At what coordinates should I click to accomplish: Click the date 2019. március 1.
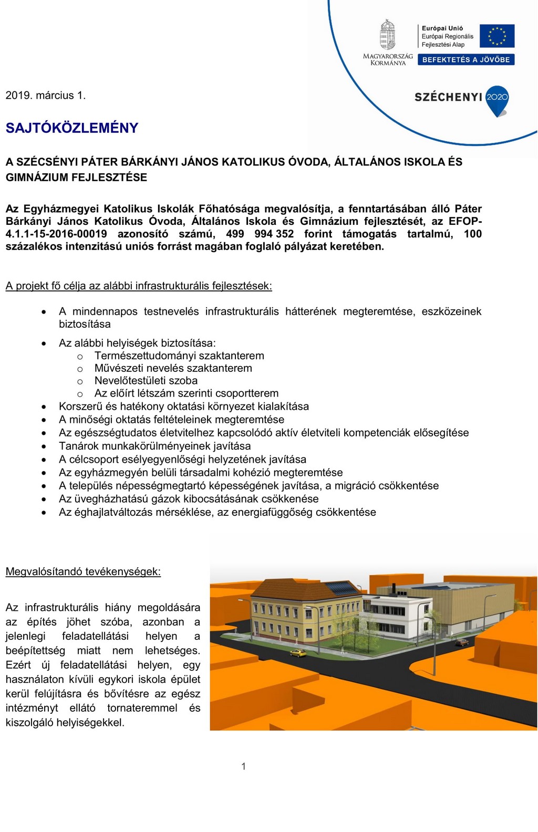[x=45, y=96]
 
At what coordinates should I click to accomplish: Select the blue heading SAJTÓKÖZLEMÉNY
[x=72, y=128]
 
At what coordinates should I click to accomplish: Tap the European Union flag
[x=496, y=36]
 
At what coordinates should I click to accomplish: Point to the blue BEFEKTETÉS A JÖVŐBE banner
[x=466, y=60]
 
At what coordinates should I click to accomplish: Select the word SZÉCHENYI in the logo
[x=448, y=97]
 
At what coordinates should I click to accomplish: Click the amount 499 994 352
[x=260, y=234]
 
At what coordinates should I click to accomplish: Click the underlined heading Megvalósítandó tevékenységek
[x=83, y=572]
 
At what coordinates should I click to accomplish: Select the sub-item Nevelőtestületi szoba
[x=146, y=381]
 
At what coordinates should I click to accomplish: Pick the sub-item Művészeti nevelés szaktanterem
[x=173, y=368]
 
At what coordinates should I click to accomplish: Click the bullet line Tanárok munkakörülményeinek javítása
[x=154, y=446]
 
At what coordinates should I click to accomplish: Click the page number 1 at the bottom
[x=243, y=766]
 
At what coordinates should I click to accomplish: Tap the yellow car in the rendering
[x=297, y=653]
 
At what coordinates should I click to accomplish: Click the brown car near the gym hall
[x=461, y=642]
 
